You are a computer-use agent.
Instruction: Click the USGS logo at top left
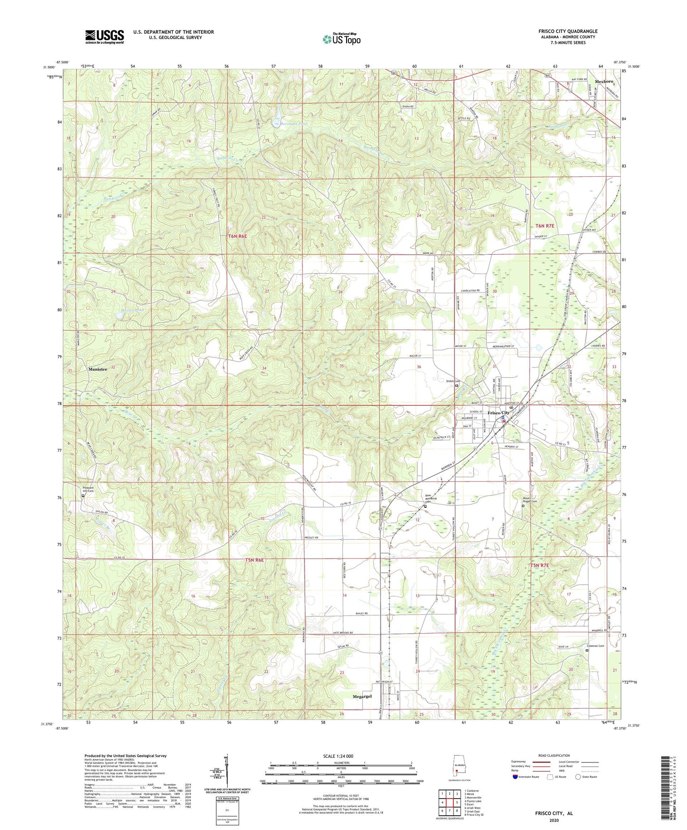pos(105,36)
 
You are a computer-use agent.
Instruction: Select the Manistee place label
pos(97,369)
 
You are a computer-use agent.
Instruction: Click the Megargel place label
pos(362,696)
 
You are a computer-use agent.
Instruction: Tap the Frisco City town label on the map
pos(498,413)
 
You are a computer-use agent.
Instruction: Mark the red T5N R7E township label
pos(540,565)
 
